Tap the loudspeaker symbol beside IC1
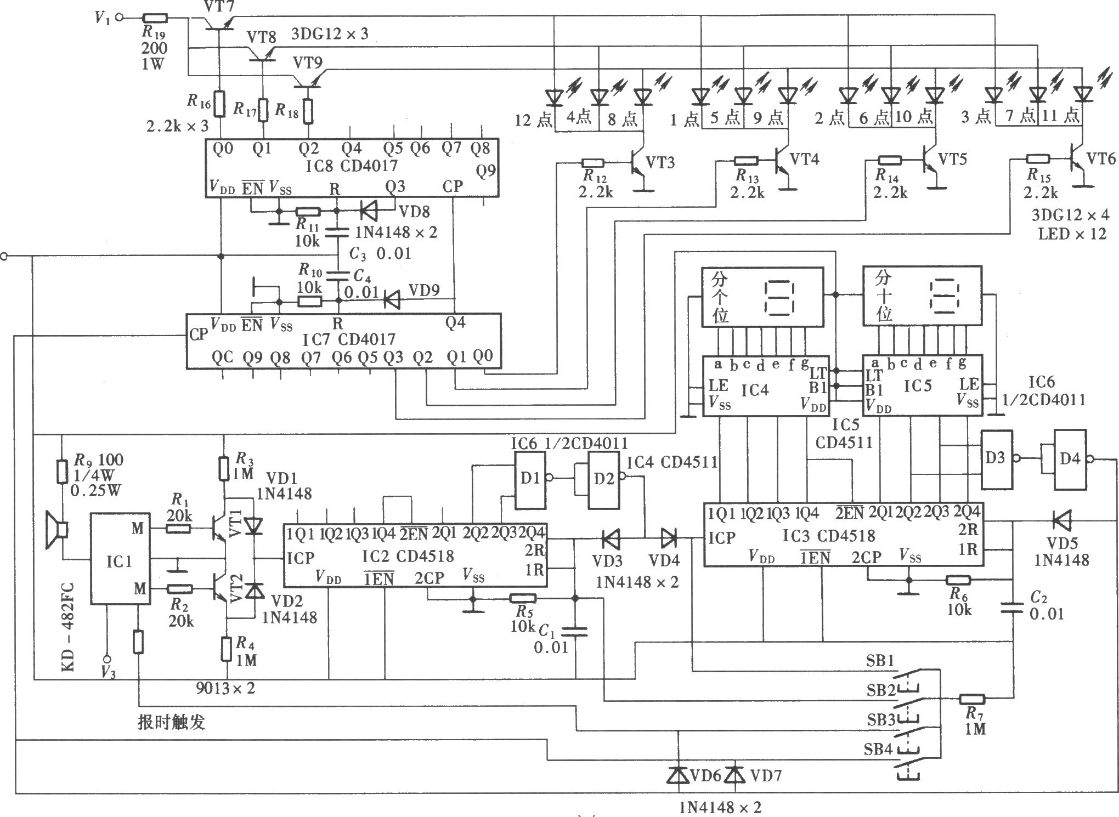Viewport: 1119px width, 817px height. tap(57, 530)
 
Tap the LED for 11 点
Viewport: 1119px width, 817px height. tap(1082, 94)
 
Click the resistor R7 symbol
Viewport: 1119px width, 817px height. tap(972, 699)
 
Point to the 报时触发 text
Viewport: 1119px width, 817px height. tap(171, 722)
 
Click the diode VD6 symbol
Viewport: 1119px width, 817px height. tap(678, 774)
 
